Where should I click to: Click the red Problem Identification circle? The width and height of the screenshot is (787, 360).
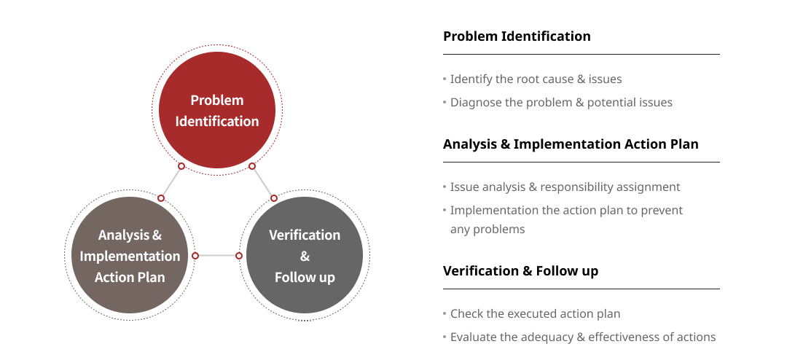point(217,110)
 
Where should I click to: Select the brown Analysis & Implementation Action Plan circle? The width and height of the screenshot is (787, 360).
point(130,255)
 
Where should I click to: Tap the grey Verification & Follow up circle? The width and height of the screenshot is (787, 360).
point(304,255)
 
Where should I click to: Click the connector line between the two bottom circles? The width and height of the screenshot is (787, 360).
point(217,256)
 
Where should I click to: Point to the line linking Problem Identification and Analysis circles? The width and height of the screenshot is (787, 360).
point(171,181)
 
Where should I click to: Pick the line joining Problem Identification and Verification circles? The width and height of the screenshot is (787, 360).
point(263,181)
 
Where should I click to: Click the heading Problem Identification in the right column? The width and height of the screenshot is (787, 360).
point(517,36)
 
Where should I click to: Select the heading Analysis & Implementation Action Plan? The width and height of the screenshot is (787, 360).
point(571,144)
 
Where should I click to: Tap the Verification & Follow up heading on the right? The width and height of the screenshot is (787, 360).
point(520,271)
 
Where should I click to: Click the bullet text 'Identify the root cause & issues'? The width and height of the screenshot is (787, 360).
point(536,79)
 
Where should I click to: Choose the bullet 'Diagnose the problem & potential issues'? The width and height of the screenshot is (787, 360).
point(561,103)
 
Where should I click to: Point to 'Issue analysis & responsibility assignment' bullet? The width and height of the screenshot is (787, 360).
point(565,187)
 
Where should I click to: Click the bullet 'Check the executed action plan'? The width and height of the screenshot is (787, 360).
point(535,314)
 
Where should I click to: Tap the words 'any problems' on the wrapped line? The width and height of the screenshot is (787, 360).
point(480,230)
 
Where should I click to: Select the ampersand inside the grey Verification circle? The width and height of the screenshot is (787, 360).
point(305,257)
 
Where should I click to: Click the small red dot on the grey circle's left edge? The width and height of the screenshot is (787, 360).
point(239,256)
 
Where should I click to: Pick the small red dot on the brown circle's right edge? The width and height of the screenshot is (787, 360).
point(195,256)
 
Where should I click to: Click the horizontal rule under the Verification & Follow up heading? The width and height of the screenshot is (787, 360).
point(582,289)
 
